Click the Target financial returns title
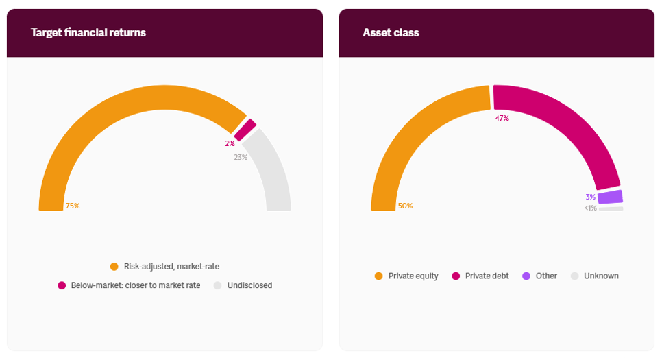[x=88, y=32]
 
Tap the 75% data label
[x=73, y=206]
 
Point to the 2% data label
[x=230, y=143]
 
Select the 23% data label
[x=241, y=157]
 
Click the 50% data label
[x=405, y=206]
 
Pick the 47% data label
[x=502, y=118]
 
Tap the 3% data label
[x=590, y=197]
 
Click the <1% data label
[x=590, y=208]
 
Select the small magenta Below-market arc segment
[x=245, y=130]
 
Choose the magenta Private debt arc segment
[x=569, y=123]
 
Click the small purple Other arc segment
[x=610, y=197]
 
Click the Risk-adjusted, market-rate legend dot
[x=114, y=266]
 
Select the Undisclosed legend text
[x=249, y=285]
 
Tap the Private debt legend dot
[x=456, y=276]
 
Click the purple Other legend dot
[x=526, y=276]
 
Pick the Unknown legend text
[x=601, y=276]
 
